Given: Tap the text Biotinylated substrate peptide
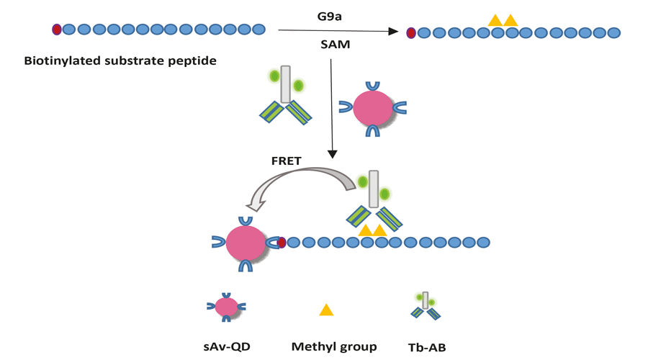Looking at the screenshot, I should coord(120,60).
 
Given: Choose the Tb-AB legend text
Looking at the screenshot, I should coord(427,348).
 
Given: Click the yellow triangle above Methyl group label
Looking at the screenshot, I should coord(326,310).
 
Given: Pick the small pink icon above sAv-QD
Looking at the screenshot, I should coord(228,307).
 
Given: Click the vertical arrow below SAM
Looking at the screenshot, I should coord(331,108).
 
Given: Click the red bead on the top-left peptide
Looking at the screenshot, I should coord(57,30).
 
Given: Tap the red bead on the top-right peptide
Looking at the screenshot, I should coord(411,32).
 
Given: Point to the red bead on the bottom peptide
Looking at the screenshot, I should coord(282,243).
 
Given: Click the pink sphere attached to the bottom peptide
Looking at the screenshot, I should coord(246,243).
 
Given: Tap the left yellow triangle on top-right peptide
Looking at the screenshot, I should coord(495,20).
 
